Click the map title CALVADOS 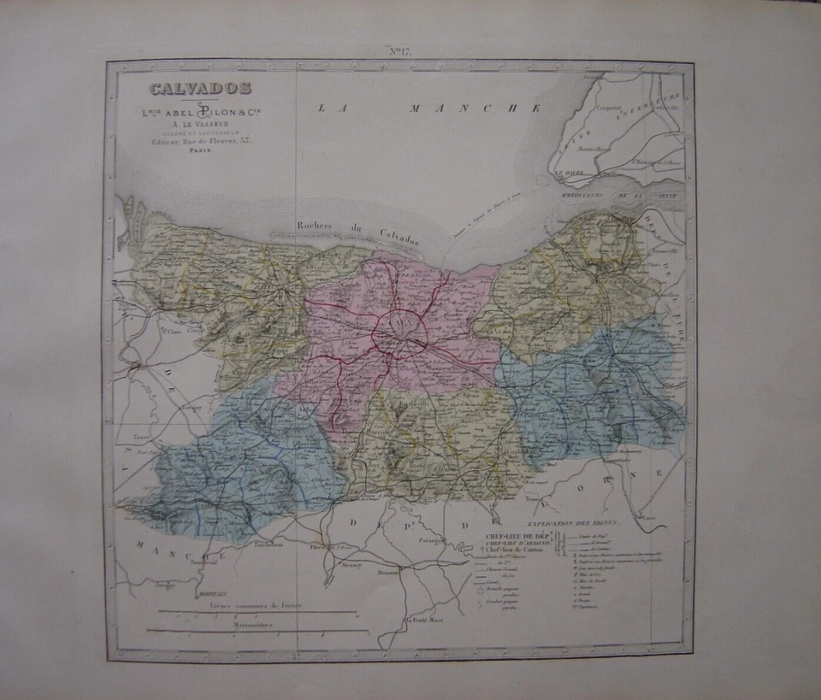tap(200, 88)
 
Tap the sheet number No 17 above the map tap(400, 52)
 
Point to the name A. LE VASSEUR tap(200, 121)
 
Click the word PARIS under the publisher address tap(201, 149)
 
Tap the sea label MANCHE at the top tap(475, 109)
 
